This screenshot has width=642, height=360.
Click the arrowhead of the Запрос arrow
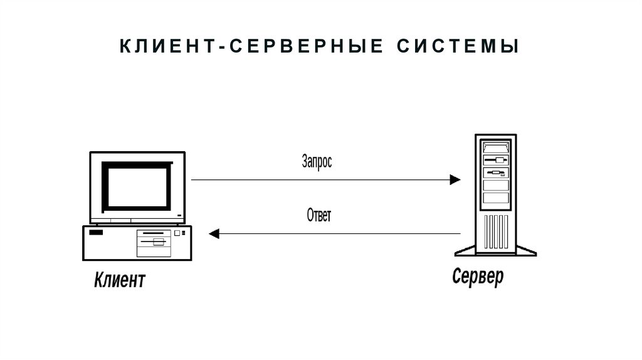[x=455, y=180]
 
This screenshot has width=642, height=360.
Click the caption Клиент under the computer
[x=120, y=280]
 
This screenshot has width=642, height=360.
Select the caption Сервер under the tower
[x=477, y=277]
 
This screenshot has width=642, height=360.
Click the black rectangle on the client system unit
[x=96, y=233]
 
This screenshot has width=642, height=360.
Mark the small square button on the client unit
[x=177, y=233]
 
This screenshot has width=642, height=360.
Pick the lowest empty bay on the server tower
[x=495, y=200]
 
